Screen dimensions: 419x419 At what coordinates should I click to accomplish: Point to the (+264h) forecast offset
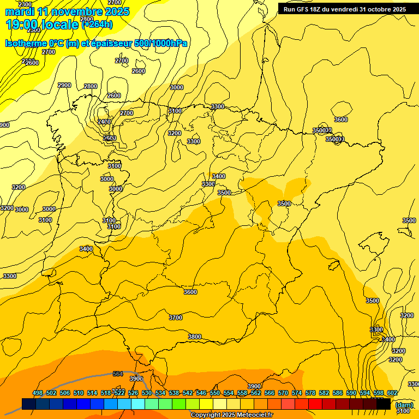(97, 24)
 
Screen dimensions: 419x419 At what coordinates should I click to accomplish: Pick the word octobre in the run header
(372, 9)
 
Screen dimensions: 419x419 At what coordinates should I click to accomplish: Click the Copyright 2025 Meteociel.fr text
(231, 415)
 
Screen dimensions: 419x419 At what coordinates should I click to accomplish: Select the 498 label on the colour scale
(38, 393)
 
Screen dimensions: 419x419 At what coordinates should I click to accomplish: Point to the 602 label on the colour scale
(392, 393)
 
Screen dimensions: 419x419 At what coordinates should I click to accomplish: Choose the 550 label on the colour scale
(215, 393)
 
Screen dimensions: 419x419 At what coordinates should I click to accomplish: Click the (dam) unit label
(404, 405)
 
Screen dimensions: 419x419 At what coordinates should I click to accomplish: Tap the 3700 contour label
(176, 318)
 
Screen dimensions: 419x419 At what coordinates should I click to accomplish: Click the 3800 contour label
(195, 337)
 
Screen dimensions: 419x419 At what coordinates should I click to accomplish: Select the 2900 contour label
(64, 85)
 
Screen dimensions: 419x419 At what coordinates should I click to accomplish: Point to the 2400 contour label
(104, 122)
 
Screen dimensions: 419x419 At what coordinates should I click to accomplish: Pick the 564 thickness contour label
(118, 374)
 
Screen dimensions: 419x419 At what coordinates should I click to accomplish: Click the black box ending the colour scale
(384, 404)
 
